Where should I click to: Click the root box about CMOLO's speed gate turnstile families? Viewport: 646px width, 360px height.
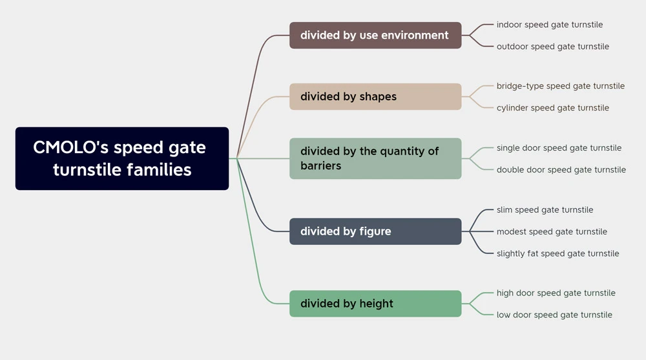122,158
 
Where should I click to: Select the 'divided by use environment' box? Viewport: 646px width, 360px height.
375,36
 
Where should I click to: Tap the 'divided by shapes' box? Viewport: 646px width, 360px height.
375,96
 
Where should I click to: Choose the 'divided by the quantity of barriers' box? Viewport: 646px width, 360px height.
375,158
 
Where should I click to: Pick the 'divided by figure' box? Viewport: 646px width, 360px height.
375,231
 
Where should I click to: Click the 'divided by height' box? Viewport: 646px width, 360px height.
375,304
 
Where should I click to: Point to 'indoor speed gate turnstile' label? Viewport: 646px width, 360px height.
550,25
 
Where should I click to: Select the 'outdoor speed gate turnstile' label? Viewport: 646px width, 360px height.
553,47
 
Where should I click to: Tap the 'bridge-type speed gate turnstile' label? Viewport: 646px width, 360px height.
561,86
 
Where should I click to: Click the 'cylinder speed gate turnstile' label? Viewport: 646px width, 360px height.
553,108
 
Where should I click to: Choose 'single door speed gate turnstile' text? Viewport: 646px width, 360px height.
559,148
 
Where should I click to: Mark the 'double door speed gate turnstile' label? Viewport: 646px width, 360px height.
561,170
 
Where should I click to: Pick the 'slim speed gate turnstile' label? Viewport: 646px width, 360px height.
545,210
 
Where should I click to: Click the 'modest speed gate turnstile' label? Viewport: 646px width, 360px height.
552,232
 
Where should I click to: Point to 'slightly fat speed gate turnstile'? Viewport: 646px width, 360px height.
558,253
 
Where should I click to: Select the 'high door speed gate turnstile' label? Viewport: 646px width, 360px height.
556,293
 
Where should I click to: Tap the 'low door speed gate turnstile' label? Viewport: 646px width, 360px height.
554,315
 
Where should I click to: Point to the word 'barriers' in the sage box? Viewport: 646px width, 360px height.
320,165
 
